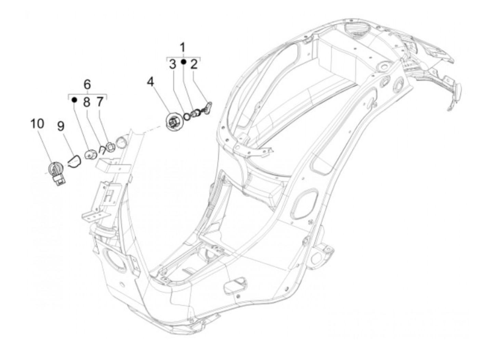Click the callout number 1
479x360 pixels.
coord(183,47)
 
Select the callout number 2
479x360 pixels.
coord(194,64)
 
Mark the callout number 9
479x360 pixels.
coord(61,126)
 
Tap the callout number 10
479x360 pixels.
coord(37,124)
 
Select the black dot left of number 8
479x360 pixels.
coord(74,100)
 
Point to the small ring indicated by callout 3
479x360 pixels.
coord(187,117)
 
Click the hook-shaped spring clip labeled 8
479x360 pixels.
coord(102,150)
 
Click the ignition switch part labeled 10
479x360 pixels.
coord(56,172)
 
